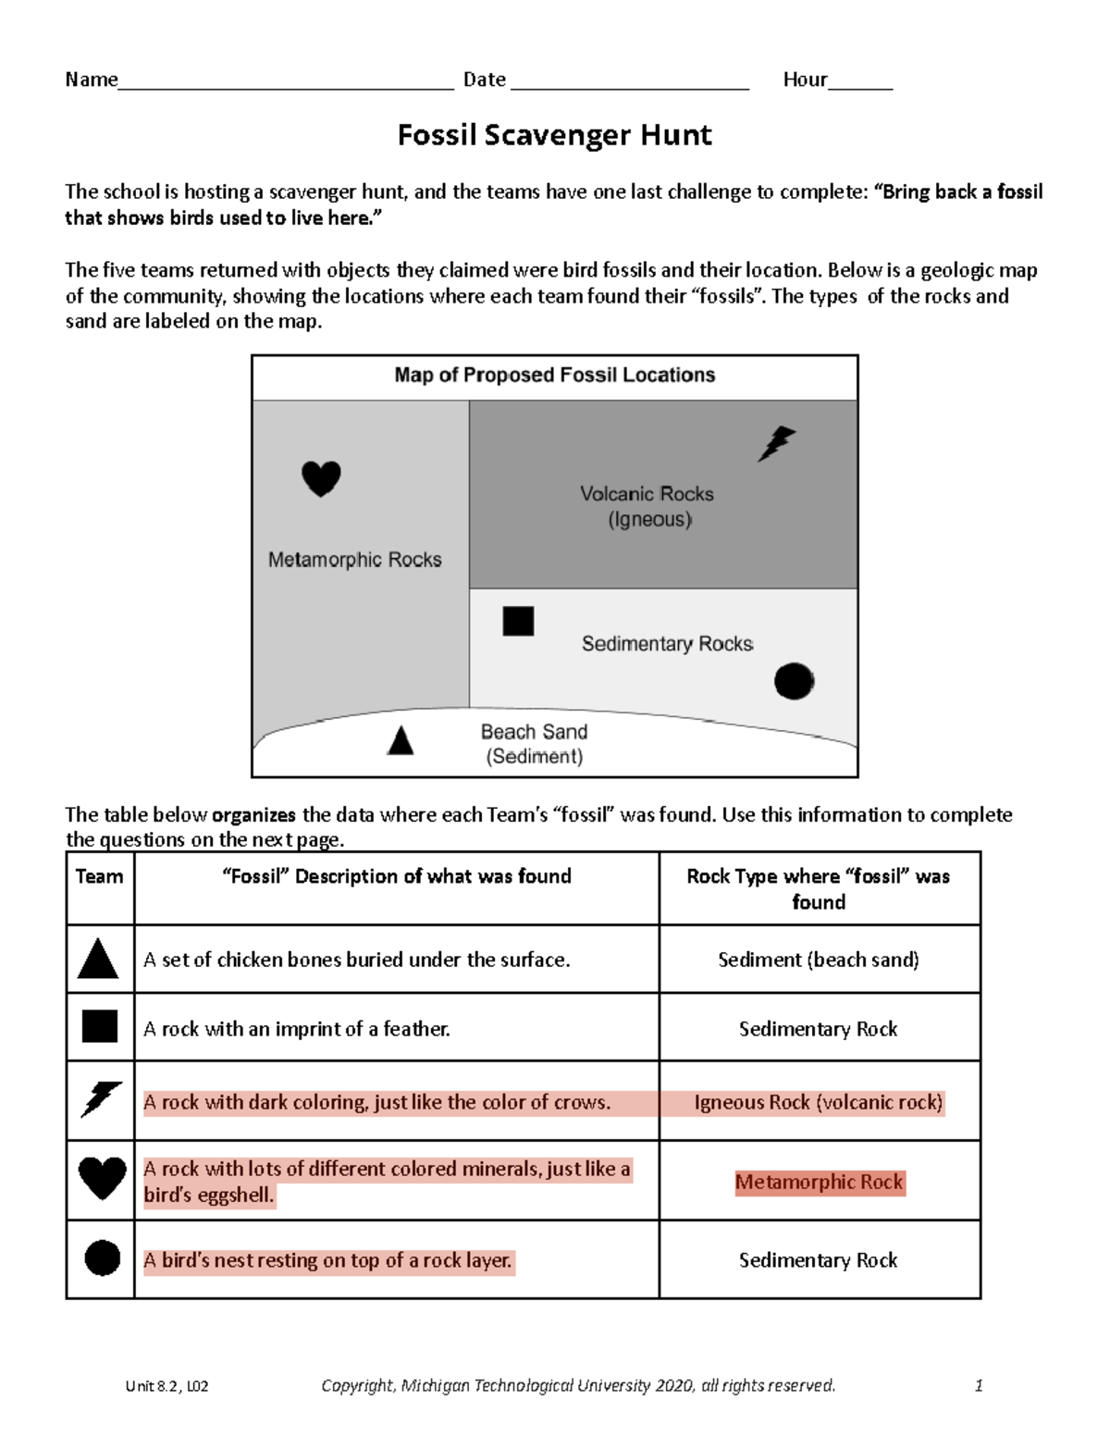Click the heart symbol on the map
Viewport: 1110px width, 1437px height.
click(x=321, y=478)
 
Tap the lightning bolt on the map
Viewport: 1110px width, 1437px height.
click(x=776, y=443)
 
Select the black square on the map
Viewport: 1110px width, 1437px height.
click(x=518, y=621)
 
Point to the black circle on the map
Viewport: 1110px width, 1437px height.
click(x=794, y=681)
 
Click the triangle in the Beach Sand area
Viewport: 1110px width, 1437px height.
click(x=401, y=741)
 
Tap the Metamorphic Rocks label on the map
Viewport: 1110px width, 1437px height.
click(x=354, y=560)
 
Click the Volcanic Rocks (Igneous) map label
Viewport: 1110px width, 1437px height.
click(x=647, y=506)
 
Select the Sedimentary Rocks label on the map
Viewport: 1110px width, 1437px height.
click(x=667, y=644)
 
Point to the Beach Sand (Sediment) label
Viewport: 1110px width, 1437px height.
click(x=534, y=744)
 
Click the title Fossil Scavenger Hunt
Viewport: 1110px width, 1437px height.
click(x=554, y=135)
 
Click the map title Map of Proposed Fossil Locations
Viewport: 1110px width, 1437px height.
click(x=554, y=375)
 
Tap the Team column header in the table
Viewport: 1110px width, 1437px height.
click(x=99, y=876)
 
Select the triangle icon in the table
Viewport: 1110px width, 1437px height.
click(x=98, y=960)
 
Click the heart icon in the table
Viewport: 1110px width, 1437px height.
click(x=102, y=1179)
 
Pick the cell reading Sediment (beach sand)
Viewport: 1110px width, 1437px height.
click(x=819, y=960)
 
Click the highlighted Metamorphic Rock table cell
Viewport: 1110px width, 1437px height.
click(x=820, y=1183)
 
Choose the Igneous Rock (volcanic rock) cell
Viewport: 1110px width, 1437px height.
click(x=819, y=1102)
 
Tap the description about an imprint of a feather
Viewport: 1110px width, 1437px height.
click(x=297, y=1029)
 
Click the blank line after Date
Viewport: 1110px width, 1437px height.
click(x=629, y=83)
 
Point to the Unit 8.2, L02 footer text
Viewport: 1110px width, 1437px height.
click(x=167, y=1386)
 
